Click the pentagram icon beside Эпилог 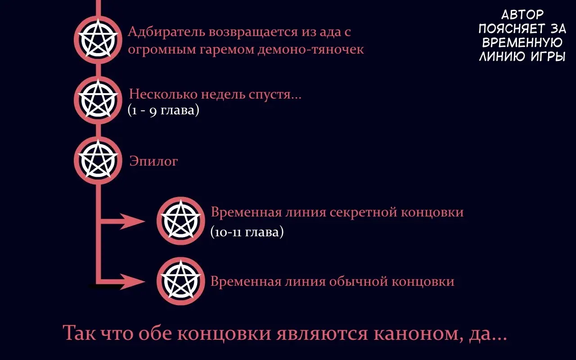pyautogui.click(x=98, y=160)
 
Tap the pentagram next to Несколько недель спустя pyautogui.click(x=98, y=100)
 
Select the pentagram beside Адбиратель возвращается pyautogui.click(x=98, y=40)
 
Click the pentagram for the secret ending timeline pyautogui.click(x=181, y=221)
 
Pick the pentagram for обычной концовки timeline pyautogui.click(x=181, y=281)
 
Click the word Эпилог pyautogui.click(x=153, y=162)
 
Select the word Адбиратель pyautogui.click(x=166, y=32)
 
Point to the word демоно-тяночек pyautogui.click(x=310, y=49)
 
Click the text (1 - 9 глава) pyautogui.click(x=163, y=110)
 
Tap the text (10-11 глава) pyautogui.click(x=247, y=232)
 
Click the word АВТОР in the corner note pyautogui.click(x=522, y=15)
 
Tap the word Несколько pyautogui.click(x=163, y=94)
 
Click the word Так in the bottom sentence pyautogui.click(x=79, y=333)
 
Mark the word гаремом pyautogui.click(x=227, y=50)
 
